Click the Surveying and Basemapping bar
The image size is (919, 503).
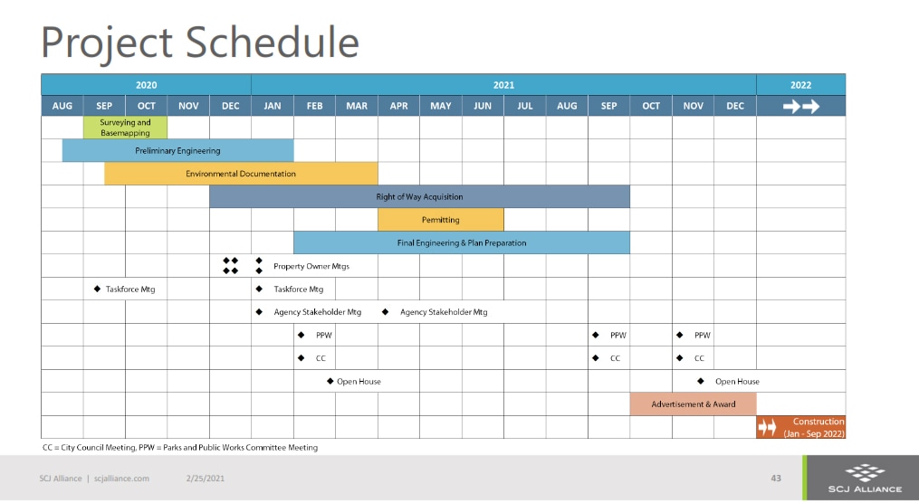point(125,128)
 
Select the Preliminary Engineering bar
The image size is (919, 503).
point(177,150)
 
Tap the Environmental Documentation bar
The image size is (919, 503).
point(241,174)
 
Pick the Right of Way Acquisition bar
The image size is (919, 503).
point(419,196)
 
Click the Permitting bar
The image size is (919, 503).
point(441,220)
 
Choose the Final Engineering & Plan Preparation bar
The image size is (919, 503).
point(462,242)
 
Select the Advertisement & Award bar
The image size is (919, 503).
point(694,404)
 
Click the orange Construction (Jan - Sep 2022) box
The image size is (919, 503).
point(800,428)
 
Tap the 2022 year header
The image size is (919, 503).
point(800,85)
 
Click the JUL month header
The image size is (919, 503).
point(524,106)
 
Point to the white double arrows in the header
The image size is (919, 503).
point(801,106)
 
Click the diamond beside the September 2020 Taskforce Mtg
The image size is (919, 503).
point(97,289)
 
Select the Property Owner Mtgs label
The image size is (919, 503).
point(311,267)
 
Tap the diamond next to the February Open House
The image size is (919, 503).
point(330,381)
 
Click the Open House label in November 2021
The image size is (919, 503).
point(737,382)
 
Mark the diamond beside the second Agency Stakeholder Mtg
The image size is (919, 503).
point(385,312)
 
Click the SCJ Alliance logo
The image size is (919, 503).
point(865,478)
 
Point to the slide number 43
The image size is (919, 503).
point(776,479)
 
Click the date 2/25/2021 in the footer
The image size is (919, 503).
point(206,479)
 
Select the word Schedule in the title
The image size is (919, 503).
point(273,43)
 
